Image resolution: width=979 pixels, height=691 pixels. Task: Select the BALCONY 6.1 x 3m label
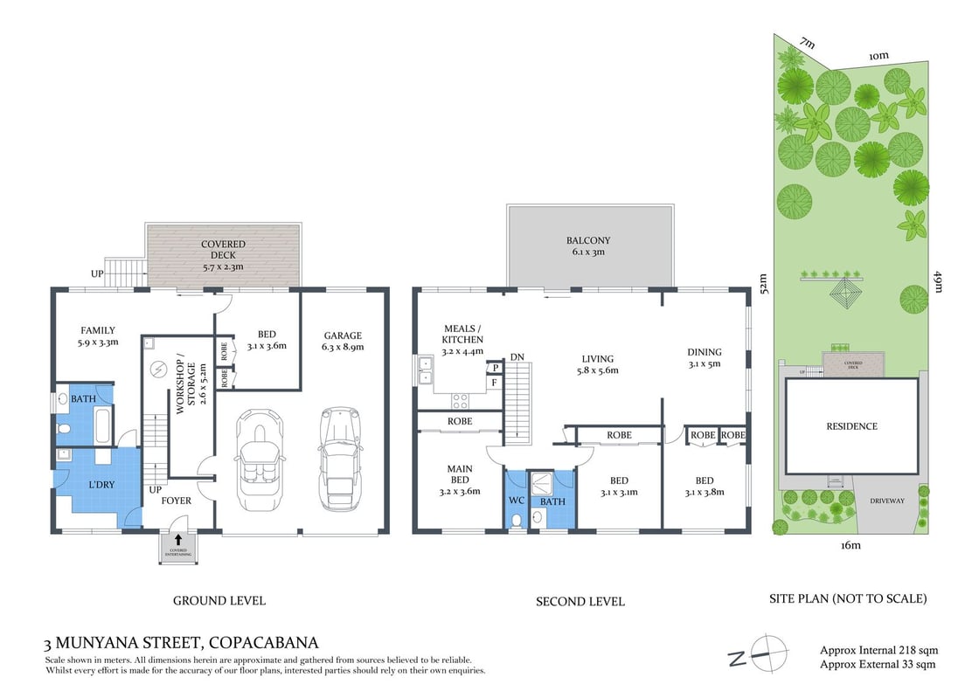(588, 245)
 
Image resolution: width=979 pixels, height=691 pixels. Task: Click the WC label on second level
(516, 501)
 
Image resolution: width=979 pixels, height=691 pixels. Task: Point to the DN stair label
(517, 357)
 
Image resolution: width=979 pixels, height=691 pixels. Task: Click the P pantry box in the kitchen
(494, 369)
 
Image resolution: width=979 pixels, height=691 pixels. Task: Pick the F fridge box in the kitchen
(494, 383)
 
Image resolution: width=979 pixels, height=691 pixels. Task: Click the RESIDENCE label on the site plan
(851, 426)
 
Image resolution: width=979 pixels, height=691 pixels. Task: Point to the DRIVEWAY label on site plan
(887, 501)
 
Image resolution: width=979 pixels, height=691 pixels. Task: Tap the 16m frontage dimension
(851, 546)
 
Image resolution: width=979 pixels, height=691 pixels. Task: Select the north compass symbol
(756, 654)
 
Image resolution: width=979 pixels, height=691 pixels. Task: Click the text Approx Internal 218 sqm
(878, 650)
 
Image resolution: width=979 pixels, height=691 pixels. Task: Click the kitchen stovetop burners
(460, 401)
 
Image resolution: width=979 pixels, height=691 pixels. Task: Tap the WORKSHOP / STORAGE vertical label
(190, 385)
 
